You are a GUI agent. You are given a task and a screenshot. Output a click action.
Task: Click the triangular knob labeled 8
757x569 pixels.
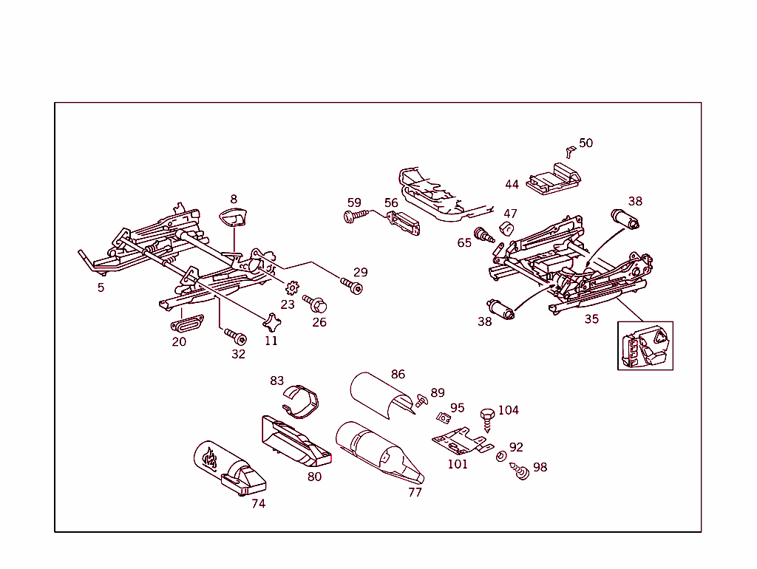pyautogui.click(x=236, y=219)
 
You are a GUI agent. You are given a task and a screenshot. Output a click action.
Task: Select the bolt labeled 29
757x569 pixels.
pyautogui.click(x=352, y=284)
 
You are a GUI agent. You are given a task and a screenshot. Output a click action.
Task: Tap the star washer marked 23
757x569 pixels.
pyautogui.click(x=291, y=287)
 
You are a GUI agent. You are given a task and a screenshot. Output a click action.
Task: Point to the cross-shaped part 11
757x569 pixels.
pyautogui.click(x=272, y=322)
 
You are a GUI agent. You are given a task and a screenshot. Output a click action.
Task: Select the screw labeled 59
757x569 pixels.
pyautogui.click(x=355, y=216)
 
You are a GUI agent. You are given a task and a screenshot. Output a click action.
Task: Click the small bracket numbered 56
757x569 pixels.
pyautogui.click(x=404, y=223)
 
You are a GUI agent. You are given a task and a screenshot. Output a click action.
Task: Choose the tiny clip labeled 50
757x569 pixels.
pyautogui.click(x=568, y=151)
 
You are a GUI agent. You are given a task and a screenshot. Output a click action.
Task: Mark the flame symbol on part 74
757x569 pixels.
pyautogui.click(x=210, y=460)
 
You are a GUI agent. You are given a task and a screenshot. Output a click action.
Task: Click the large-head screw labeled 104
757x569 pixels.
pyautogui.click(x=488, y=418)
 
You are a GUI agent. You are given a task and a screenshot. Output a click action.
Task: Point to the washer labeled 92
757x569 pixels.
pyautogui.click(x=500, y=456)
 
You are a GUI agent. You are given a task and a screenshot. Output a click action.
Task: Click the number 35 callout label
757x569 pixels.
pyautogui.click(x=591, y=319)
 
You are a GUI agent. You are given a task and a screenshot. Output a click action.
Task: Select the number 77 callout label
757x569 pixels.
pyautogui.click(x=415, y=492)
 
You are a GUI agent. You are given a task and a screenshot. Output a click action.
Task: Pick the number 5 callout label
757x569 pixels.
pyautogui.click(x=101, y=287)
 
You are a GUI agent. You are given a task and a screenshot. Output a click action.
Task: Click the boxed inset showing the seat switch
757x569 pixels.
pyautogui.click(x=645, y=345)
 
